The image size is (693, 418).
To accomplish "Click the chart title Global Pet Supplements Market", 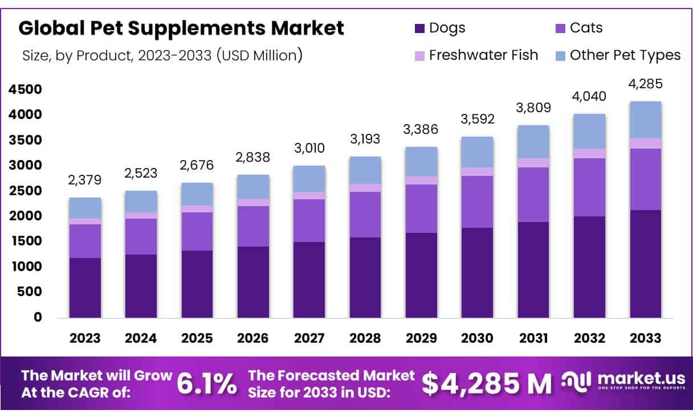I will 181,28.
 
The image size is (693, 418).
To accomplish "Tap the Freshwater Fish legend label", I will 483,55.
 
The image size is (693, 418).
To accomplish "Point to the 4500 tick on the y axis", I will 25,89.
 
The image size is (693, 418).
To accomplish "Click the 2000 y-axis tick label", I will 25,216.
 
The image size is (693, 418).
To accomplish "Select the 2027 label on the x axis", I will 309,338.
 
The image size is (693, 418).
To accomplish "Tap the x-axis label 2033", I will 646,338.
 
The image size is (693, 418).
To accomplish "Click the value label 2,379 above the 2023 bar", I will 85,181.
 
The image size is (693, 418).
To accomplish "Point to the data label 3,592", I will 477,120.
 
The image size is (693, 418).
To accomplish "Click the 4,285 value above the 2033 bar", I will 646,84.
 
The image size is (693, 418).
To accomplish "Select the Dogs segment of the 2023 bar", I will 85,288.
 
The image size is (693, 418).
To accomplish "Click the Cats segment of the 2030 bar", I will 477,202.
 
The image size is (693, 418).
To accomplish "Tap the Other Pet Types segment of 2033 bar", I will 646,120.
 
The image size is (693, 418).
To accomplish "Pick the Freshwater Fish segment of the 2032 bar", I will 589,153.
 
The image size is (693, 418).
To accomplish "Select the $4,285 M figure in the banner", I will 487,384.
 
